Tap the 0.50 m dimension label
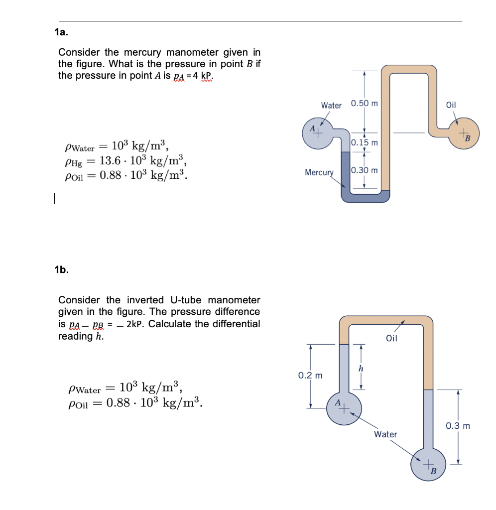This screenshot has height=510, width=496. click(365, 104)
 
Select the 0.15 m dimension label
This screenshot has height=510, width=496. click(365, 143)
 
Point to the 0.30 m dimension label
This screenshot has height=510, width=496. click(365, 170)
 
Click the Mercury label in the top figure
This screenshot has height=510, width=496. click(319, 172)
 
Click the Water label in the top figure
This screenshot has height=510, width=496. click(331, 106)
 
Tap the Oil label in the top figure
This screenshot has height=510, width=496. click(451, 105)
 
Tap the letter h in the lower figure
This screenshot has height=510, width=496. click(361, 369)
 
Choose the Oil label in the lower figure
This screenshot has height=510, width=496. click(391, 339)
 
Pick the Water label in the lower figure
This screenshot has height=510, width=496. click(386, 434)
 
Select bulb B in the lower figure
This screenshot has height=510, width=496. click(428, 464)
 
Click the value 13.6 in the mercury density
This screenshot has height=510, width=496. click(113, 160)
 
